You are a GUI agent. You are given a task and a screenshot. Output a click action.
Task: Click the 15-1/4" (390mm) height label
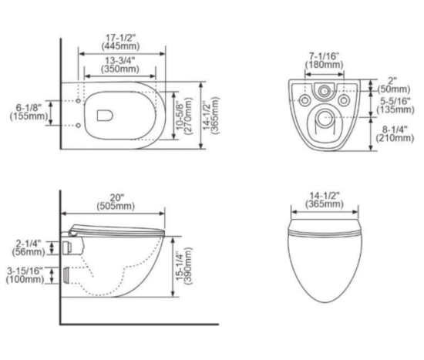click(x=183, y=267)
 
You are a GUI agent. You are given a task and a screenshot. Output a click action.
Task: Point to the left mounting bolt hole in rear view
click(x=305, y=100)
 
